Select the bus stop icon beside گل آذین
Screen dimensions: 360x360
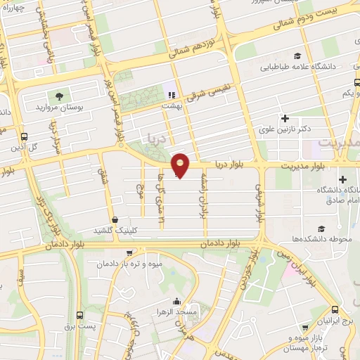25,136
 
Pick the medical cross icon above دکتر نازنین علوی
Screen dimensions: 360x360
285,117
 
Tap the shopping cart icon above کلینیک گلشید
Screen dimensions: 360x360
115,219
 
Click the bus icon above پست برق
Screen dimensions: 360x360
79,315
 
